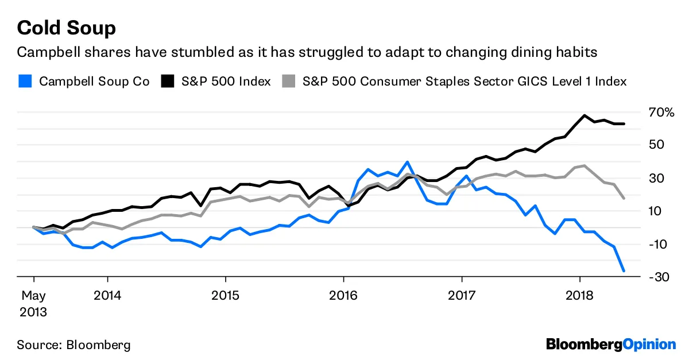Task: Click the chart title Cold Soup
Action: click(66, 28)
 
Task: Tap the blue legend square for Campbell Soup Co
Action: click(25, 81)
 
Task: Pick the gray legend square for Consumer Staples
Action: click(290, 81)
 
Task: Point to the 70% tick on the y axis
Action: click(662, 112)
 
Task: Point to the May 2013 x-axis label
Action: click(33, 304)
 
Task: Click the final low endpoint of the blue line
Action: click(624, 270)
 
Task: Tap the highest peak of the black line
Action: click(585, 115)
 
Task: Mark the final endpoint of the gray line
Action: click(624, 198)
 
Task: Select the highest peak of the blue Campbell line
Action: click(407, 162)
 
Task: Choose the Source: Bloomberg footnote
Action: click(73, 345)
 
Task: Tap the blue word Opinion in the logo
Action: click(649, 344)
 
